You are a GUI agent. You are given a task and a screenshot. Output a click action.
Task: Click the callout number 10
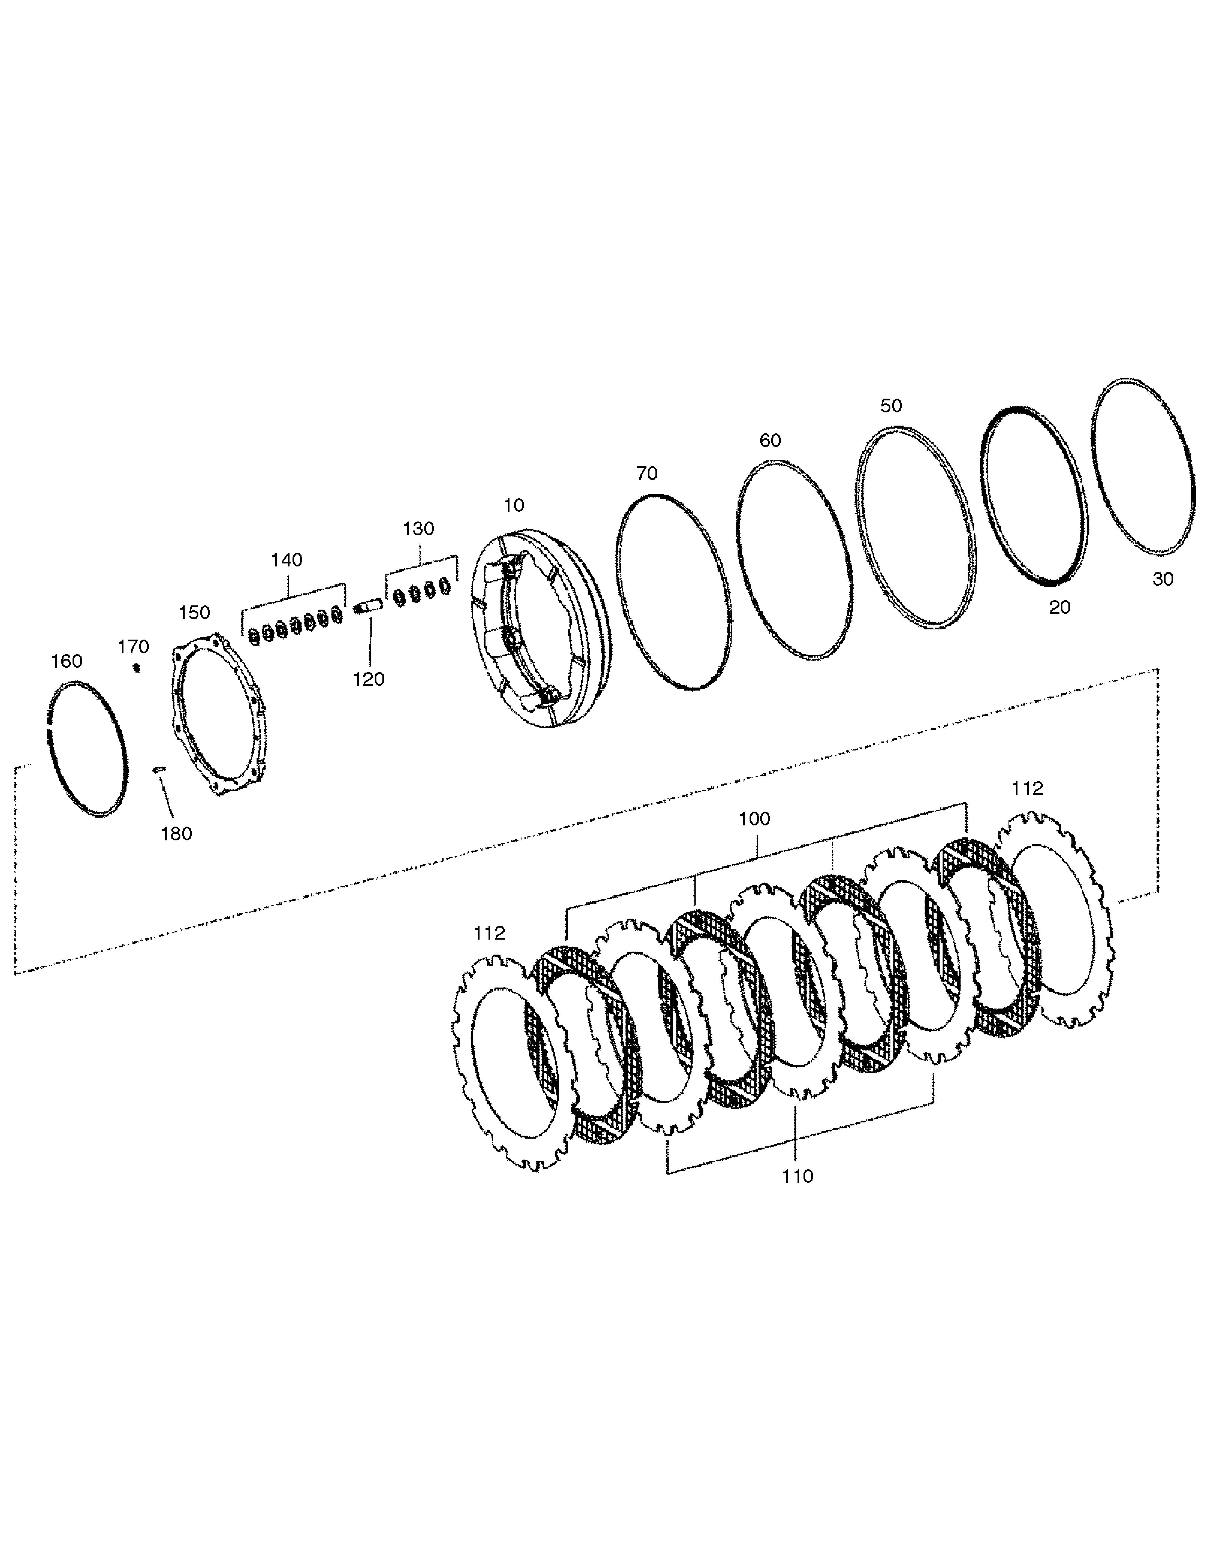[514, 506]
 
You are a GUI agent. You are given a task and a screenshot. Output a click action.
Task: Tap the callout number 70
[646, 474]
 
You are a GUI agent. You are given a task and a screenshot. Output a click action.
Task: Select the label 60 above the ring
[770, 441]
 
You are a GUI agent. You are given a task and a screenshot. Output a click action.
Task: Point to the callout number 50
[891, 406]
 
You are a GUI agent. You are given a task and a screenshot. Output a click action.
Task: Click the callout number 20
[1059, 607]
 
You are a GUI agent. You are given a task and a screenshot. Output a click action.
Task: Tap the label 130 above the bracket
[419, 529]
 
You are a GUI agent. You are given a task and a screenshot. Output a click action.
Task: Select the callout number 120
[369, 679]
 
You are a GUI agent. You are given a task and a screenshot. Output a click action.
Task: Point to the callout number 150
[194, 613]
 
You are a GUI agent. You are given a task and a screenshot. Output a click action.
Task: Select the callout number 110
[797, 1176]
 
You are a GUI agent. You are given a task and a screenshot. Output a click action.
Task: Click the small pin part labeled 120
[369, 606]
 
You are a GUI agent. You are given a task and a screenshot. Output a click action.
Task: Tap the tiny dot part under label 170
[136, 668]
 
